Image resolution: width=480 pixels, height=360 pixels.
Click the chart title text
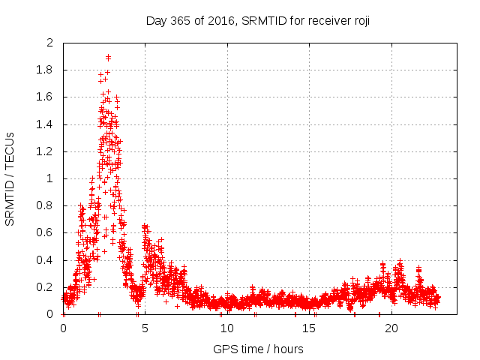coord(257,20)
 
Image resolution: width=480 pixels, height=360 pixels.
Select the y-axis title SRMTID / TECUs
coord(10,178)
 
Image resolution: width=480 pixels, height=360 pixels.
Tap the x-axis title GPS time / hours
coord(258,349)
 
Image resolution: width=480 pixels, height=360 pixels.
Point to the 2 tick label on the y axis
coord(50,43)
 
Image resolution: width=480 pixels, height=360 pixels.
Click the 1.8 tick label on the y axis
coord(46,70)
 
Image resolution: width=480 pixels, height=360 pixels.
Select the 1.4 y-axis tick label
coord(46,124)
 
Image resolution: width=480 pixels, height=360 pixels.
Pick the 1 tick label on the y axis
coord(50,178)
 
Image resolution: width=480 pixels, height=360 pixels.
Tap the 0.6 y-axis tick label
coord(46,232)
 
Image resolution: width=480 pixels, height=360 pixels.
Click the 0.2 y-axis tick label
coord(46,287)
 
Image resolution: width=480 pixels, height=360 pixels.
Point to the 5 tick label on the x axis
coord(145,328)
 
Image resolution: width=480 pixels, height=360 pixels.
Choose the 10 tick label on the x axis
coord(226,328)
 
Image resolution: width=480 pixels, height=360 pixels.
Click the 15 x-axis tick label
coord(308,328)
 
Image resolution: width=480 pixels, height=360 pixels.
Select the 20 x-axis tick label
coord(390,328)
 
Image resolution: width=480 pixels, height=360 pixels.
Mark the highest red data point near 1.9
coord(109,57)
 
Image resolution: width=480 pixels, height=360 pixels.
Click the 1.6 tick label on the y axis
coord(46,97)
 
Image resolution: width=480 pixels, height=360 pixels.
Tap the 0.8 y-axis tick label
coord(46,205)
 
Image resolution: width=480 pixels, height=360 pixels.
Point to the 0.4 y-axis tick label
coord(46,260)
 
